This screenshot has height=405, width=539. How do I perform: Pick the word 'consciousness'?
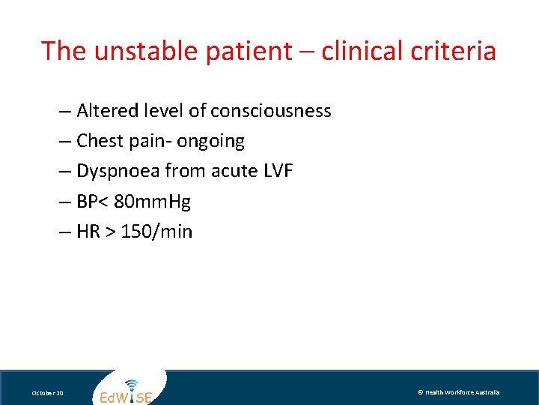[271, 111]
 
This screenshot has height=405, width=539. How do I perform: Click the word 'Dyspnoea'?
[118, 171]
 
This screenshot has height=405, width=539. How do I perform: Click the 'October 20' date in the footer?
[48, 393]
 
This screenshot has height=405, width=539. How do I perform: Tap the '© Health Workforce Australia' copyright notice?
[458, 392]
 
